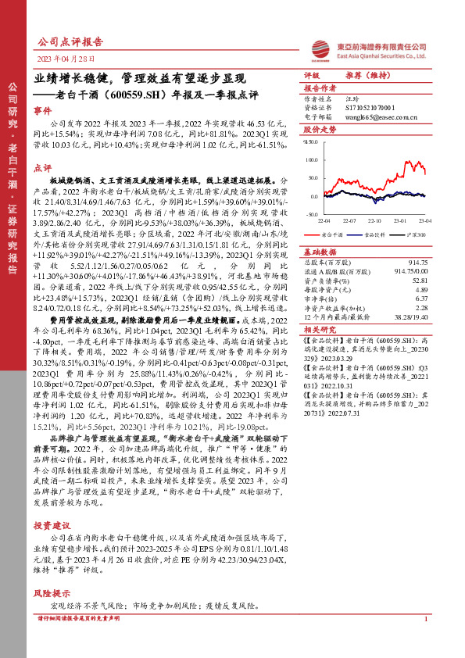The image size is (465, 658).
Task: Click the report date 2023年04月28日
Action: tap(66, 59)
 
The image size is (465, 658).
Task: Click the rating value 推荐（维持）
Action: tap(367, 76)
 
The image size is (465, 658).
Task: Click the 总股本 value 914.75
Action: tap(418, 262)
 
